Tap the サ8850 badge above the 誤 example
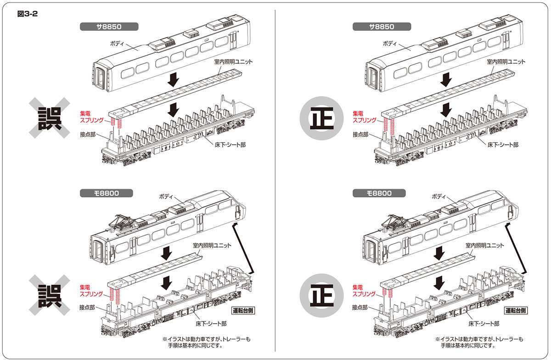click(102, 27)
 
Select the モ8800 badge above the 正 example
click(374, 193)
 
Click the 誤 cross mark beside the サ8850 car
click(50, 118)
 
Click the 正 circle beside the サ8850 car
click(321, 118)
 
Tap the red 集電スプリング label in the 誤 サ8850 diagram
click(92, 116)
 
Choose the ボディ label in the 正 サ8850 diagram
click(391, 43)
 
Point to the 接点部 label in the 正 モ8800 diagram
click(361, 307)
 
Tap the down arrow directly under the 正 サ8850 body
click(445, 80)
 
